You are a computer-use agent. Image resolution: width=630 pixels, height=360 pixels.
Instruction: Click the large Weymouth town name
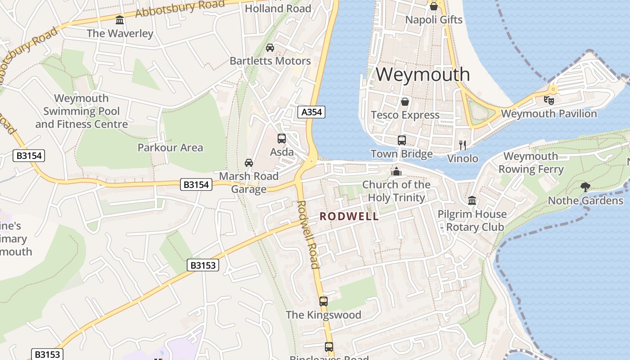click(x=423, y=74)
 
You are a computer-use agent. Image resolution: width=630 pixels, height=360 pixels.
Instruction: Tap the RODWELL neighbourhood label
click(x=349, y=216)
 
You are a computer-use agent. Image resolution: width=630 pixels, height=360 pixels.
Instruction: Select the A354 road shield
click(x=311, y=112)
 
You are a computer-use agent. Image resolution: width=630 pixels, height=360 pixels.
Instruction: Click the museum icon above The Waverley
click(x=120, y=20)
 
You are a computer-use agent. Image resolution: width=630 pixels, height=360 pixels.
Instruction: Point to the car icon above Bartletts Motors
click(x=270, y=47)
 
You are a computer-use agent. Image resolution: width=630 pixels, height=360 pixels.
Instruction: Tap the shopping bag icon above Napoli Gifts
click(x=433, y=6)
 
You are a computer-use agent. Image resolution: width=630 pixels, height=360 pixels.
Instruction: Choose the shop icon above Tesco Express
click(x=405, y=102)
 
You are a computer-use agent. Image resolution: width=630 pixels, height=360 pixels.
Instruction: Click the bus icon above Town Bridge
click(x=402, y=140)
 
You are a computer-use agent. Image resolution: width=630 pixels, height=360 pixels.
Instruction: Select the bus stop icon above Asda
click(x=282, y=139)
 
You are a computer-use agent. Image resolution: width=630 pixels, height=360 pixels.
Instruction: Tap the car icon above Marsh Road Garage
click(x=248, y=162)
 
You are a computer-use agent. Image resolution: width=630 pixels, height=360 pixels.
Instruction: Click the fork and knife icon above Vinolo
click(x=462, y=145)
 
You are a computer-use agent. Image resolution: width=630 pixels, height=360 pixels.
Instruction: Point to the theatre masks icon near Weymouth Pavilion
click(x=549, y=100)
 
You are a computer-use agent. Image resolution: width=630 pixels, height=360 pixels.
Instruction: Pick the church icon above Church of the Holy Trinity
click(x=396, y=171)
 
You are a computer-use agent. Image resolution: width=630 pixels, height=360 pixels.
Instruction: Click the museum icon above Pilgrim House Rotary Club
click(x=472, y=200)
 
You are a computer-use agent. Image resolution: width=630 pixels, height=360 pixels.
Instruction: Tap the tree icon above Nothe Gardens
click(x=585, y=187)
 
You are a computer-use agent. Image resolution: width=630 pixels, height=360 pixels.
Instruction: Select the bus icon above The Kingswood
click(x=324, y=301)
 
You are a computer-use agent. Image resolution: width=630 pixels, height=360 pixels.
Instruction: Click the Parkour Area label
click(x=170, y=148)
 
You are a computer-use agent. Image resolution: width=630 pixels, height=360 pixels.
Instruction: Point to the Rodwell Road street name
click(x=309, y=234)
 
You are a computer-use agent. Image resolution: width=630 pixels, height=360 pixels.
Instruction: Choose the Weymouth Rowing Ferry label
click(x=531, y=163)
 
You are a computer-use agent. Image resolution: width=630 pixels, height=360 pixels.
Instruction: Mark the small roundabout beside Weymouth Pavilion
click(x=553, y=90)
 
